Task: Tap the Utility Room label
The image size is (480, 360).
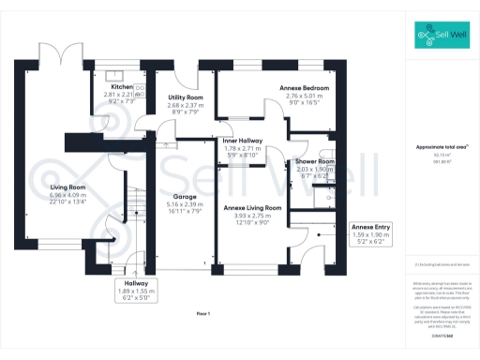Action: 185,97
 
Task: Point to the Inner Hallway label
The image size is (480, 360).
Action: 242,141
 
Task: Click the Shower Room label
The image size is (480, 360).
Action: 315,160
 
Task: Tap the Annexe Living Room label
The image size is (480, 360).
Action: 250,207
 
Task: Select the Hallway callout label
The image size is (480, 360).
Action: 128,282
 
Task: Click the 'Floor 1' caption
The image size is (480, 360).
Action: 204,312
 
